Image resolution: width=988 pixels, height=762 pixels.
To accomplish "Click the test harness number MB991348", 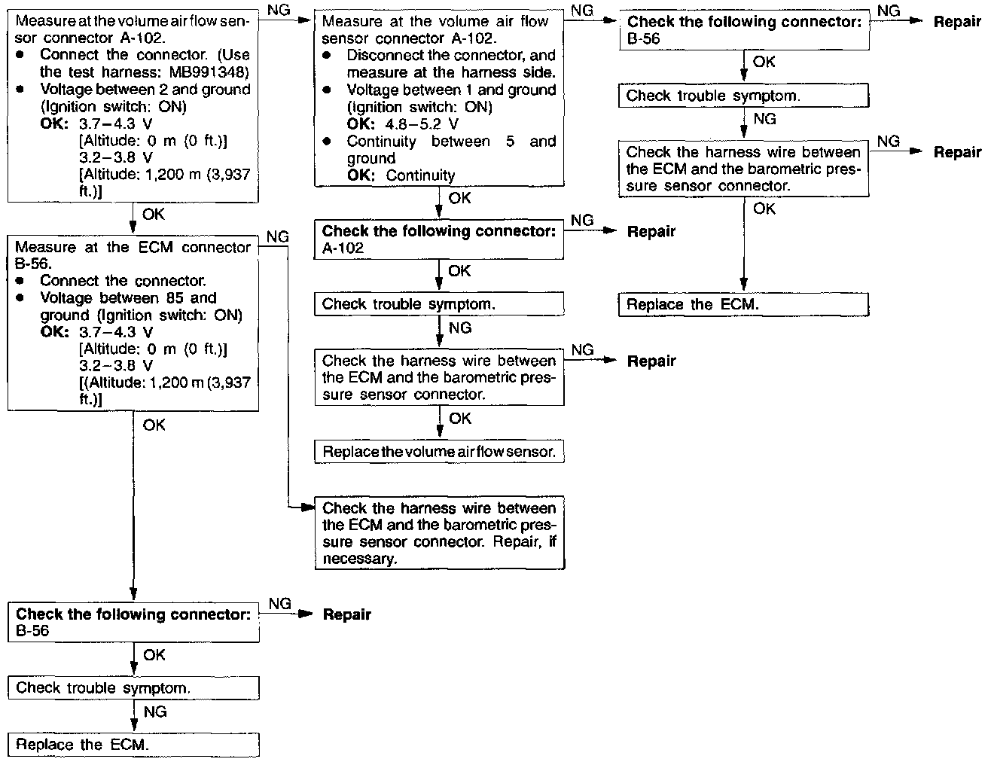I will tap(205, 72).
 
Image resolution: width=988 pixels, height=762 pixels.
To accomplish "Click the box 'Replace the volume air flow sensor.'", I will tap(439, 452).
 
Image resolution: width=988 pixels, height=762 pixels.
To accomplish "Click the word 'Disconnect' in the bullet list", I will tap(386, 55).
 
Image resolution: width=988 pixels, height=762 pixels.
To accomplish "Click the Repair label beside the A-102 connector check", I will tap(651, 232).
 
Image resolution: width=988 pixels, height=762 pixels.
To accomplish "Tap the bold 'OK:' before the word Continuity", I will tap(362, 175).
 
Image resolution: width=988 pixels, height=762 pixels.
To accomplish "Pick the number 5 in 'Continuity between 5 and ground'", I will tap(510, 142).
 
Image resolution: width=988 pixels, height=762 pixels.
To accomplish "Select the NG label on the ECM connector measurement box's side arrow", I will tap(277, 236).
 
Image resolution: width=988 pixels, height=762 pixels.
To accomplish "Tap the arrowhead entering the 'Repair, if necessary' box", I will tap(307, 507).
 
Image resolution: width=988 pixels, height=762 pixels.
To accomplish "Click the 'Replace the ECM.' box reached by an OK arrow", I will tap(743, 305).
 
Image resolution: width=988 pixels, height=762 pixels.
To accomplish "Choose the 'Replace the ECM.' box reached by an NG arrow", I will tap(133, 745).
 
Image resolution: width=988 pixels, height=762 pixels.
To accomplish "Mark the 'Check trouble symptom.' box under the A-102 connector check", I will tap(439, 304).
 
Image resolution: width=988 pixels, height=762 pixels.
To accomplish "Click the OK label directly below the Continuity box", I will tap(459, 198).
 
